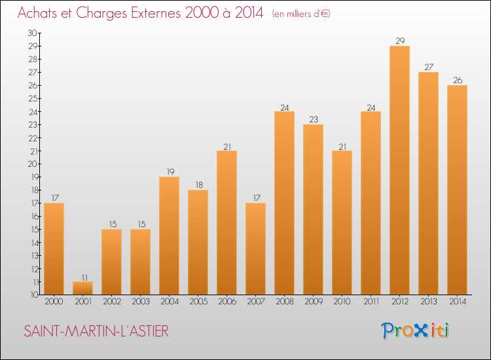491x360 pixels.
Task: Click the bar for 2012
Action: (399, 170)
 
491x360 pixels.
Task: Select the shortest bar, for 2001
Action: (82, 288)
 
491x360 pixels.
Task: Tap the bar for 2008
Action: (284, 203)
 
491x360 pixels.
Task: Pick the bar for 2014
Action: (457, 190)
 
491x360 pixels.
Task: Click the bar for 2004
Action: (169, 236)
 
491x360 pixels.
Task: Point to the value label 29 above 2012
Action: (399, 41)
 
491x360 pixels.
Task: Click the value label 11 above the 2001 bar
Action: (82, 277)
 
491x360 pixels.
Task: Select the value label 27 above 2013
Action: (428, 67)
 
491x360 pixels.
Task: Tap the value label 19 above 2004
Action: (169, 172)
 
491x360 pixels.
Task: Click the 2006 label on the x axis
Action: (227, 302)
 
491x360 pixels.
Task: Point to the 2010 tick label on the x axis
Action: (342, 302)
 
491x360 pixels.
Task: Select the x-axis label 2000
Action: (54, 302)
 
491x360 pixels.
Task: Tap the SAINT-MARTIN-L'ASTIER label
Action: (96, 331)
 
